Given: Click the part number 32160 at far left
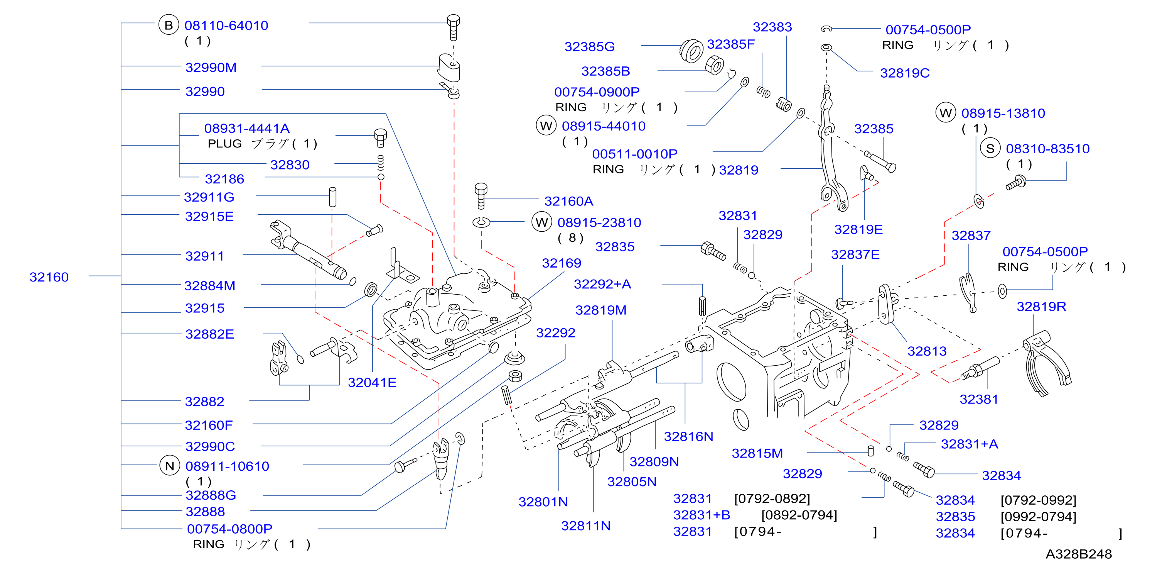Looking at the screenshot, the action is tap(49, 277).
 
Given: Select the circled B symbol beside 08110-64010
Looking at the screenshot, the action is tap(169, 25).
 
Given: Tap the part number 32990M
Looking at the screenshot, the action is tap(211, 68).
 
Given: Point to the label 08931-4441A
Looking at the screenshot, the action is tap(246, 129).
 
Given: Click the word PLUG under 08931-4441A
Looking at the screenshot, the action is tap(224, 144).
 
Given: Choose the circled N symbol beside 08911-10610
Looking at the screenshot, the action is tap(169, 466).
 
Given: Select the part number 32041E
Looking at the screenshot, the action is tap(372, 383).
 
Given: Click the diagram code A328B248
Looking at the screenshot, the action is tap(1078, 554).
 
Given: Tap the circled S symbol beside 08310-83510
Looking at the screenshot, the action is tap(990, 149).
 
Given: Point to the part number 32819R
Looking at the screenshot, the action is tap(1041, 307).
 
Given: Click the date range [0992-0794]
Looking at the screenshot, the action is tap(1038, 517).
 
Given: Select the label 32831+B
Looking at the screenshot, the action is tap(701, 515).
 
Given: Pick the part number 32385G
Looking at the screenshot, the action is tap(589, 46).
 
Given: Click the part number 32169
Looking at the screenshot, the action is tap(562, 263).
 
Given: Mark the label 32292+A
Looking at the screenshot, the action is tap(602, 284).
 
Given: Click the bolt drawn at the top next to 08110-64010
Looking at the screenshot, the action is tap(453, 27).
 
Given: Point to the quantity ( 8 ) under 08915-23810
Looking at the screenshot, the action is tap(570, 238).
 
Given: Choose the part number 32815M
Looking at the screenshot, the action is tap(757, 454).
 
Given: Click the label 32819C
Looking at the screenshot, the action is tap(904, 73).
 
